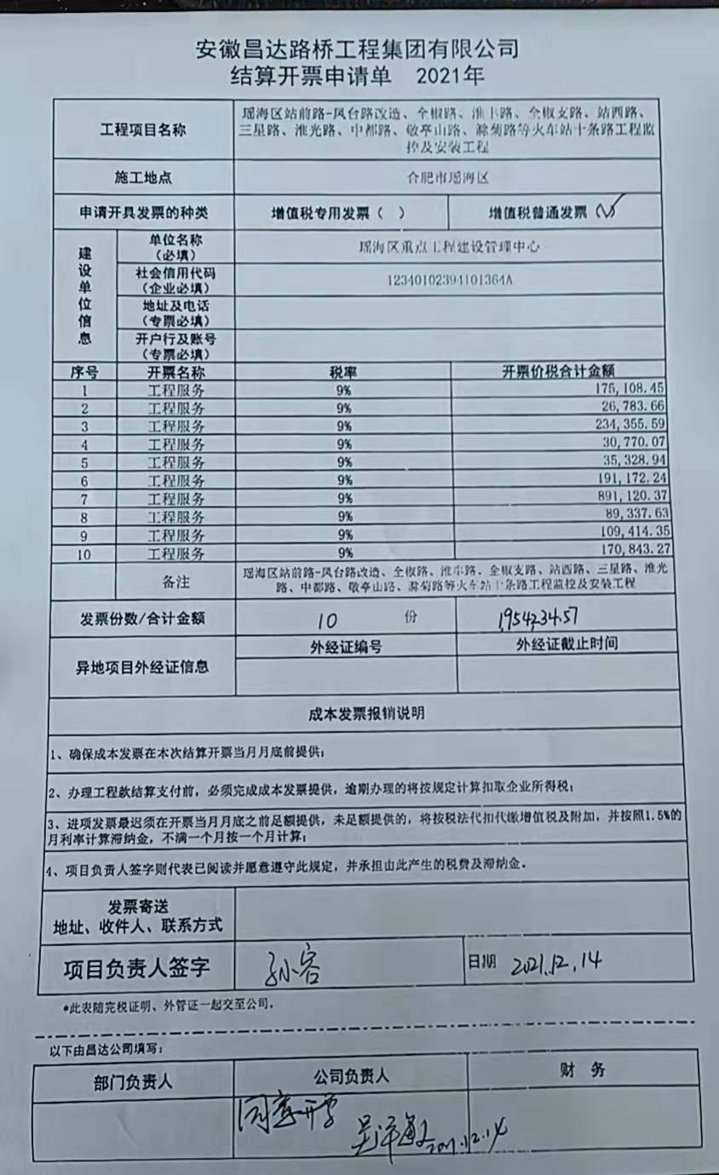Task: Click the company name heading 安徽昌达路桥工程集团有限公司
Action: tap(357, 49)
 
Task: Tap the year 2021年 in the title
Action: tap(451, 76)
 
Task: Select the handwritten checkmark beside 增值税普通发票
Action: tap(610, 209)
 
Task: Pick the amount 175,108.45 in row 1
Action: tap(626, 387)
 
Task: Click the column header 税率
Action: tap(343, 372)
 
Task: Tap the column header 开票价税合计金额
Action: tap(559, 371)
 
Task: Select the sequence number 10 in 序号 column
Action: tap(83, 553)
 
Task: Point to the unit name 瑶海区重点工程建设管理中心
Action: tap(448, 247)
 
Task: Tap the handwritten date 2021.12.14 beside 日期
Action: tap(558, 963)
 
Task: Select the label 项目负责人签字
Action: tap(136, 967)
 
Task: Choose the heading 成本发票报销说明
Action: tap(365, 714)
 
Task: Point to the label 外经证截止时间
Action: tap(567, 645)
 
